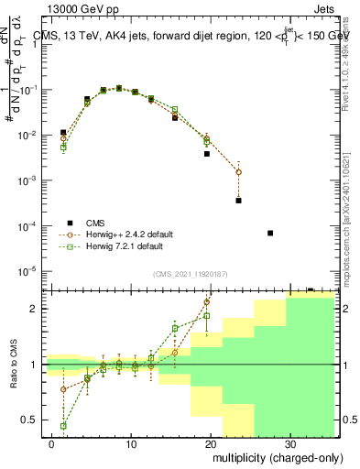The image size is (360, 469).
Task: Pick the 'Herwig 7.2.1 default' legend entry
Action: [x=125, y=245]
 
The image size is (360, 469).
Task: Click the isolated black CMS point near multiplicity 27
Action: [x=270, y=233]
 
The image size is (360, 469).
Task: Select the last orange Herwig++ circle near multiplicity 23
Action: [x=238, y=172]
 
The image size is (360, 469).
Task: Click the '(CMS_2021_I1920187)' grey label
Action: [x=190, y=272]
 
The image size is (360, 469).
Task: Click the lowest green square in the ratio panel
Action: [x=63, y=426]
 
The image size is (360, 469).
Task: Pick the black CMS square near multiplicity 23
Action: [x=238, y=200]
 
